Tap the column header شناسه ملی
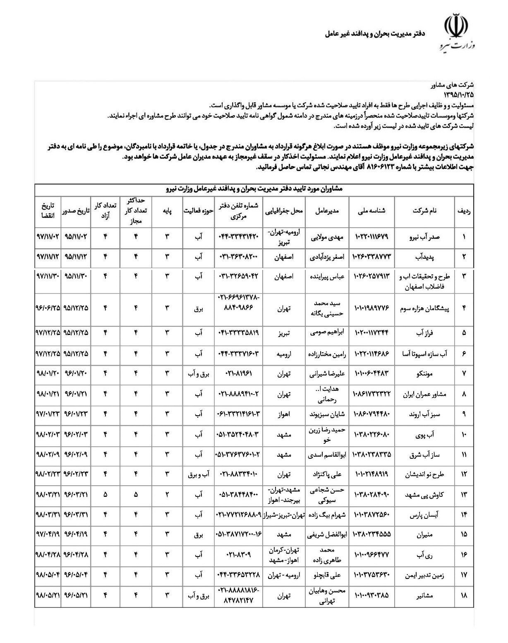pos(371,211)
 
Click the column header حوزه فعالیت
pos(199,211)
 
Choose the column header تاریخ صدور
pos(76,211)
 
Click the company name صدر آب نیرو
pos(429,237)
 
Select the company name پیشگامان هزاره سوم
pos(423,308)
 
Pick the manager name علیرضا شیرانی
pos(327,373)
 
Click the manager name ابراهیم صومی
pos(327,332)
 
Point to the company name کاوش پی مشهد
pos(425,494)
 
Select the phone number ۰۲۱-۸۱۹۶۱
pos(238,373)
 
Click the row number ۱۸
pos(464,595)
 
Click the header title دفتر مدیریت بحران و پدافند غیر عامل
pos(375,33)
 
